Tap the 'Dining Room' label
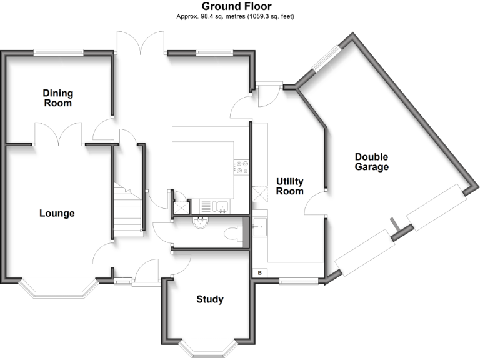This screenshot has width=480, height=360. pos(57,98)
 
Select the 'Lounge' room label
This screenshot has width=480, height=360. pos(57,213)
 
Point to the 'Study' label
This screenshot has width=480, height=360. pos(210,299)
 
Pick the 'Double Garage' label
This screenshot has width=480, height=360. pos(371,162)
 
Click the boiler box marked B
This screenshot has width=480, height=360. pos(259,273)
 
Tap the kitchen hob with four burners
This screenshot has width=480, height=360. pos(242,167)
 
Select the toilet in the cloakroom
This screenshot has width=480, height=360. pos(232,234)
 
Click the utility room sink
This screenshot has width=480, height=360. pos(260,227)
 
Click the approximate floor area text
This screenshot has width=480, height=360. pos(236,16)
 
